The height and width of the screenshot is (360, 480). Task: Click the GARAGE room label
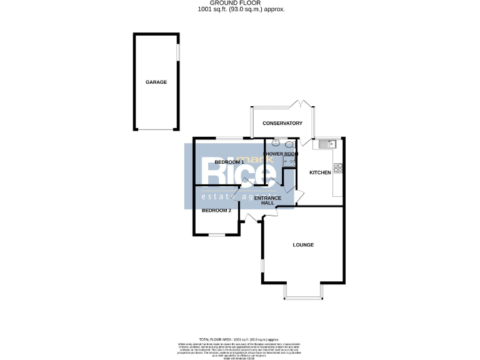point(156,82)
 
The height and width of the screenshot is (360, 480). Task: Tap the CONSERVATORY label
point(282,123)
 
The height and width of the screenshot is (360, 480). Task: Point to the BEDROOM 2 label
point(216,211)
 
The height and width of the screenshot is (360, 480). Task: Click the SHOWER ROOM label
point(281,154)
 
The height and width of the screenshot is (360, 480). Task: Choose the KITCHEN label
point(320,172)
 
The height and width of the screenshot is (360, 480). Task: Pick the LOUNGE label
point(303,244)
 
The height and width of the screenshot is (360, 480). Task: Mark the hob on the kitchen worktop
point(338,167)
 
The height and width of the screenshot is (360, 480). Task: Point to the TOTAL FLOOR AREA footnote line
point(239,337)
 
